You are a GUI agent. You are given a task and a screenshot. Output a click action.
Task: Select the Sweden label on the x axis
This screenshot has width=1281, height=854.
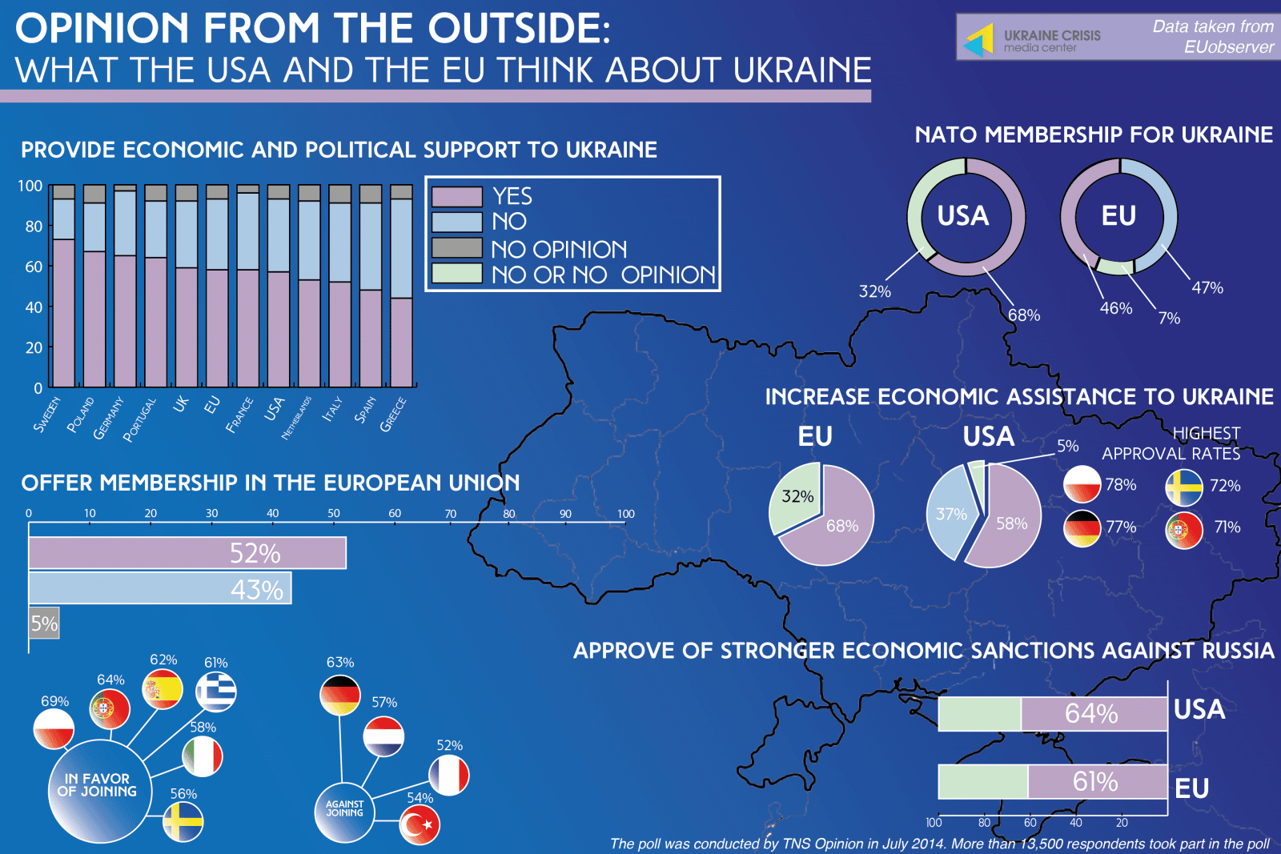point(47,414)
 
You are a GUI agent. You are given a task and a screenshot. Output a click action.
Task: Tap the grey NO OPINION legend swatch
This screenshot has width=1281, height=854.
point(456,247)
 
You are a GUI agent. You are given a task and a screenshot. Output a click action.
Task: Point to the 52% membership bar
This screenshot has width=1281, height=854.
point(187,553)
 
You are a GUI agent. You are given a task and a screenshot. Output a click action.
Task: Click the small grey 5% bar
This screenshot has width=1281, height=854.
point(44,623)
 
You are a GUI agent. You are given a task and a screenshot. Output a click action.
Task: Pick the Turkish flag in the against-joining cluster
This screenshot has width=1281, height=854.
point(420,825)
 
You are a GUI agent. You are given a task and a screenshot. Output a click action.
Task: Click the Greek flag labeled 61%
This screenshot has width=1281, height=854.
point(216,691)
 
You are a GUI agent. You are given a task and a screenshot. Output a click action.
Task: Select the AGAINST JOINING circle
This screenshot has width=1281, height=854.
point(344,811)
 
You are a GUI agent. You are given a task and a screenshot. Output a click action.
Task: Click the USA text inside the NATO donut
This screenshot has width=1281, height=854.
point(963,216)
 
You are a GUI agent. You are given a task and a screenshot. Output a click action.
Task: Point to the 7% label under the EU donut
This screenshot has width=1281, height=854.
point(1169,318)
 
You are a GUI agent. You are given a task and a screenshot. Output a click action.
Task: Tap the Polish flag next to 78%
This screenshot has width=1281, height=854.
point(1082,485)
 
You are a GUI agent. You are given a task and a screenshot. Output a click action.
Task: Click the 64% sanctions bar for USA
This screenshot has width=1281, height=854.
point(1093,713)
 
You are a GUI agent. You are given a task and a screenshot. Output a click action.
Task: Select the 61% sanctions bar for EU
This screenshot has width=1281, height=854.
point(1096,781)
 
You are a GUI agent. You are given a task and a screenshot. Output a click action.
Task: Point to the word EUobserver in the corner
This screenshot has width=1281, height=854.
point(1228,47)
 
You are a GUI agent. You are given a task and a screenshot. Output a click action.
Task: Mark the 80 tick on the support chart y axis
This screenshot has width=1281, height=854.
point(34,227)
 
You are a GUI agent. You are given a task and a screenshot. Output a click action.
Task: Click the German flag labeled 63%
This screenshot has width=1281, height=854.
point(340,696)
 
